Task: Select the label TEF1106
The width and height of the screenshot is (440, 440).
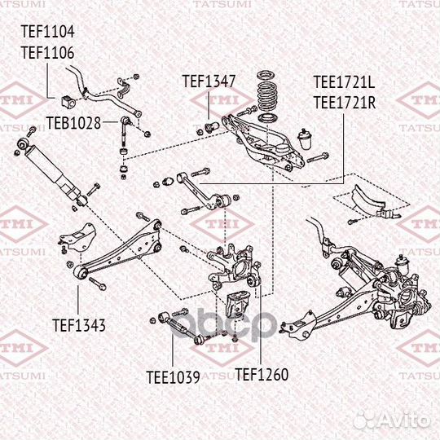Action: coord(47,51)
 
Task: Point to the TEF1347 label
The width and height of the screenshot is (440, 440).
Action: coord(209,81)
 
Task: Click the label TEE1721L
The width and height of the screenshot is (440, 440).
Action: coord(344,82)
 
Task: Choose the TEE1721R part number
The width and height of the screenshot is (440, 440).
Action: coord(344,102)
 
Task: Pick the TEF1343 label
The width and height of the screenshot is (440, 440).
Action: coord(79,325)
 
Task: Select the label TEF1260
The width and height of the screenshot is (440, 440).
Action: coord(262,376)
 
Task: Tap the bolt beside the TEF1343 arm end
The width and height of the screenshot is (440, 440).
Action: coord(96,284)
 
